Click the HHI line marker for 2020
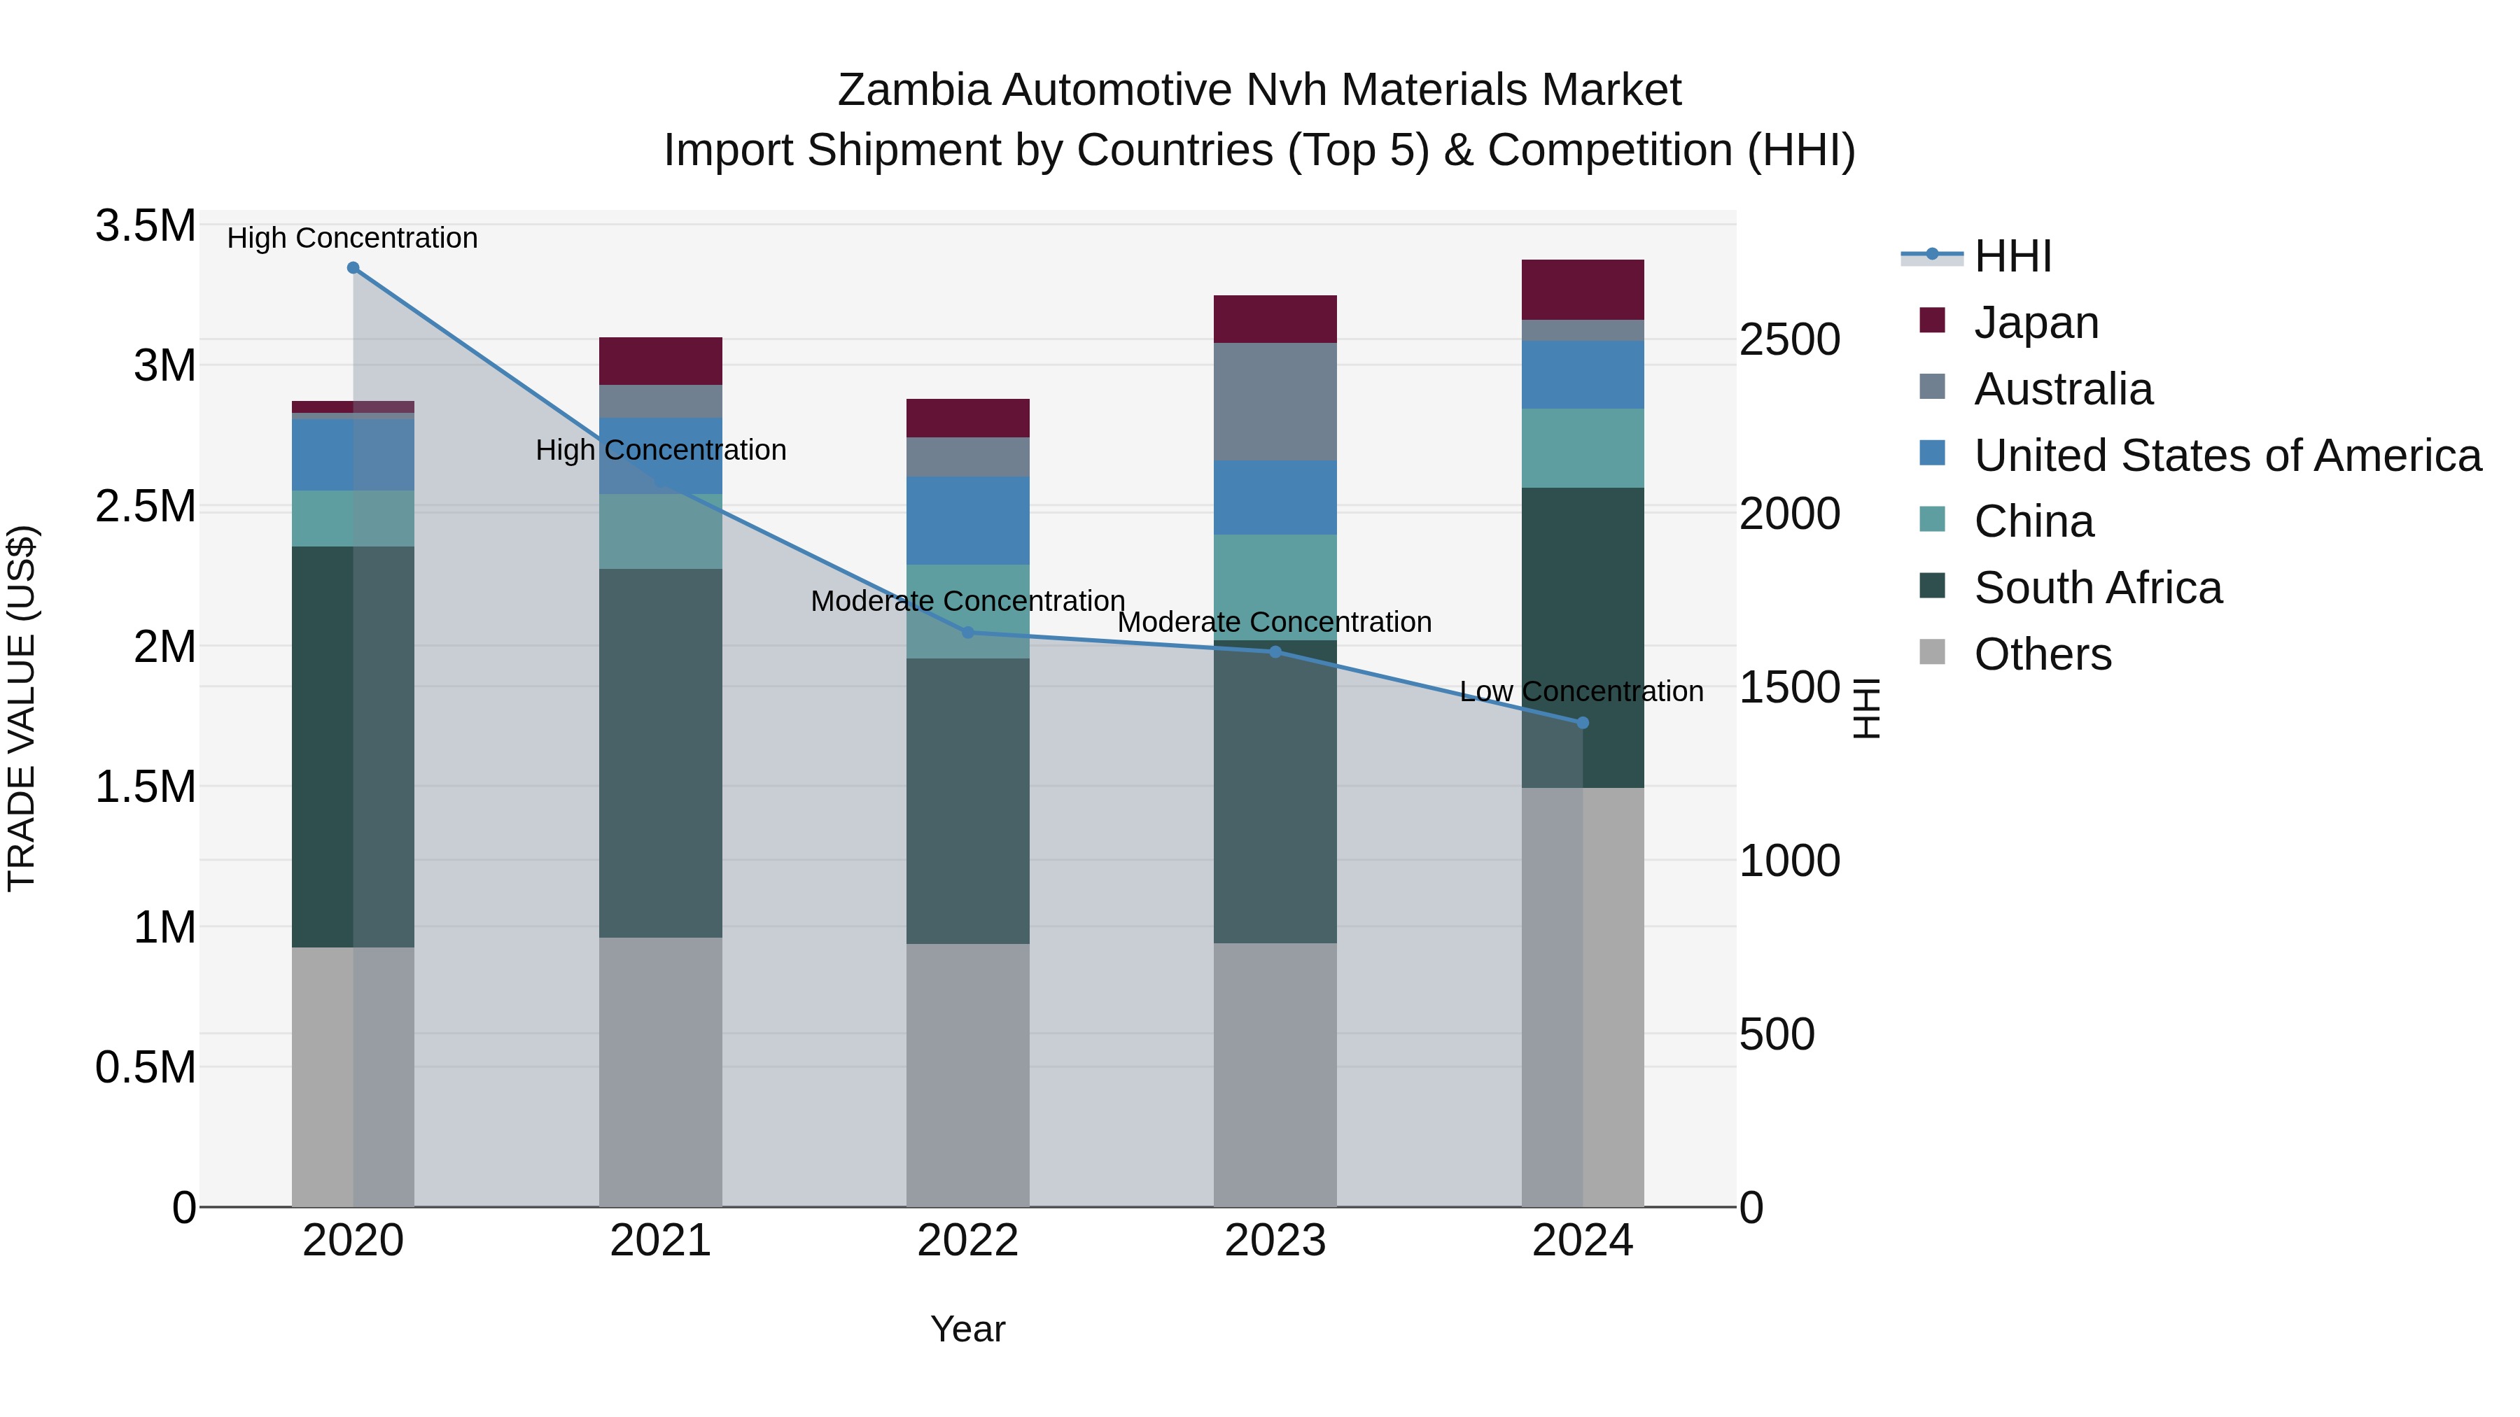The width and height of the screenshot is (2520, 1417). pyautogui.click(x=353, y=268)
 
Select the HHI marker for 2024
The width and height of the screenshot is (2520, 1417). pyautogui.click(x=1583, y=723)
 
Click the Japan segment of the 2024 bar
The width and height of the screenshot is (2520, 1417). pyautogui.click(x=1583, y=290)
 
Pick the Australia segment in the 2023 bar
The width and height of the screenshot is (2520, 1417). pyautogui.click(x=1275, y=401)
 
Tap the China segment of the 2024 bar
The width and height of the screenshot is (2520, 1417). pyautogui.click(x=1583, y=448)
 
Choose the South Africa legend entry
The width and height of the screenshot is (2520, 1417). pyautogui.click(x=2097, y=588)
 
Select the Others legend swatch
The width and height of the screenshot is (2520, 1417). pyautogui.click(x=1932, y=651)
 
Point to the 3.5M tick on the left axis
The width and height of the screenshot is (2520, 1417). pyautogui.click(x=145, y=226)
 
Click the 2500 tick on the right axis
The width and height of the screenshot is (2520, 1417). pyautogui.click(x=1789, y=340)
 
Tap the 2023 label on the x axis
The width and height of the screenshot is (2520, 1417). pyautogui.click(x=1275, y=1241)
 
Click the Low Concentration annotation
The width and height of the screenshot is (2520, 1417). pyautogui.click(x=1581, y=691)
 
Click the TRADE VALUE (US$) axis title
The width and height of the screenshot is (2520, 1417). pyautogui.click(x=22, y=708)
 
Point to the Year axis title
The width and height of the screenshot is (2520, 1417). pyautogui.click(x=967, y=1329)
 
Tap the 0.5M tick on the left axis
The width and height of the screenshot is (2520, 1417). pyautogui.click(x=145, y=1067)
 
